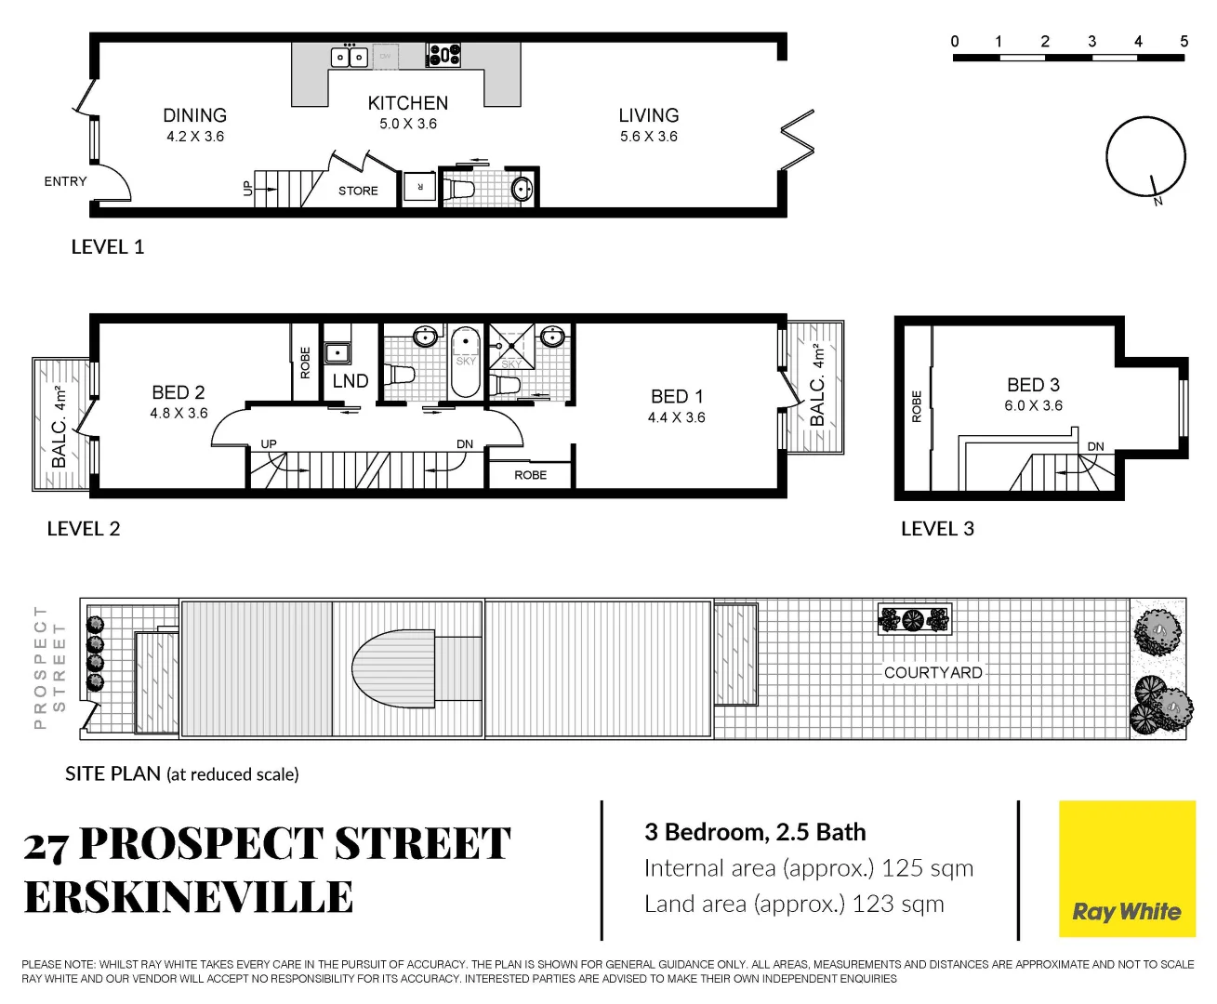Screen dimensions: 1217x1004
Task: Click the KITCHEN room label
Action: pyautogui.click(x=407, y=103)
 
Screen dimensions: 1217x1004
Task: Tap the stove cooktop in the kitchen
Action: pyautogui.click(x=443, y=56)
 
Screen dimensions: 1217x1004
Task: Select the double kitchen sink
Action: pyautogui.click(x=350, y=57)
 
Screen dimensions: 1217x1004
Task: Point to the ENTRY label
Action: pyautogui.click(x=65, y=181)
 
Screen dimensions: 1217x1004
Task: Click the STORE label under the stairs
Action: pyautogui.click(x=358, y=191)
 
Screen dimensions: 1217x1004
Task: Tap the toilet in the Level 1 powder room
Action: pyautogui.click(x=458, y=189)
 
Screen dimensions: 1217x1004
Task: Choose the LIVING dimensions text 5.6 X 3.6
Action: pyautogui.click(x=649, y=137)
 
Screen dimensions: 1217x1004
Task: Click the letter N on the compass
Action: pyautogui.click(x=1157, y=201)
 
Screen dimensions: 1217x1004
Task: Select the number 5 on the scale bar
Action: pyautogui.click(x=1184, y=42)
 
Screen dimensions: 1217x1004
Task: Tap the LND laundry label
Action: pyautogui.click(x=351, y=381)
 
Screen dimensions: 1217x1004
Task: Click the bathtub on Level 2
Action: pyautogui.click(x=465, y=362)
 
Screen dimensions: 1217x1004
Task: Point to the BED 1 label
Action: pyautogui.click(x=677, y=397)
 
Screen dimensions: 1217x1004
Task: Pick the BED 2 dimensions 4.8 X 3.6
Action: pyautogui.click(x=179, y=413)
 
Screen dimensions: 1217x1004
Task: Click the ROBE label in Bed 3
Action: pyautogui.click(x=917, y=406)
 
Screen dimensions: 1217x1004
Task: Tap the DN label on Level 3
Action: pyautogui.click(x=1095, y=446)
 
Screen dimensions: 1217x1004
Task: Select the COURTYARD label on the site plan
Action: pyautogui.click(x=933, y=672)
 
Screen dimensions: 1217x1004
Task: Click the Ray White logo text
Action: pyautogui.click(x=1126, y=911)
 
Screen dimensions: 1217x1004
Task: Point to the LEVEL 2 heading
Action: pyautogui.click(x=84, y=529)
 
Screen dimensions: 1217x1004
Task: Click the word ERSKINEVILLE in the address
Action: pyautogui.click(x=188, y=897)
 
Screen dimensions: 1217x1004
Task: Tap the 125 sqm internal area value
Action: pyautogui.click(x=927, y=868)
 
